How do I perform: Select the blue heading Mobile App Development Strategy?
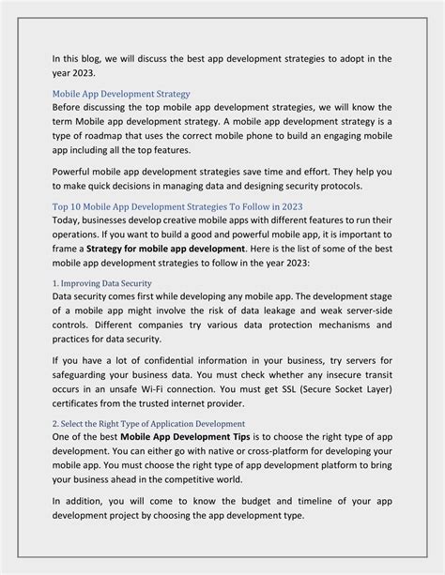click(121, 94)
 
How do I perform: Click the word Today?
click(69, 220)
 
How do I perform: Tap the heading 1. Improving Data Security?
click(101, 282)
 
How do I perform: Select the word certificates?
click(82, 402)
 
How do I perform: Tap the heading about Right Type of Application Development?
click(148, 424)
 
